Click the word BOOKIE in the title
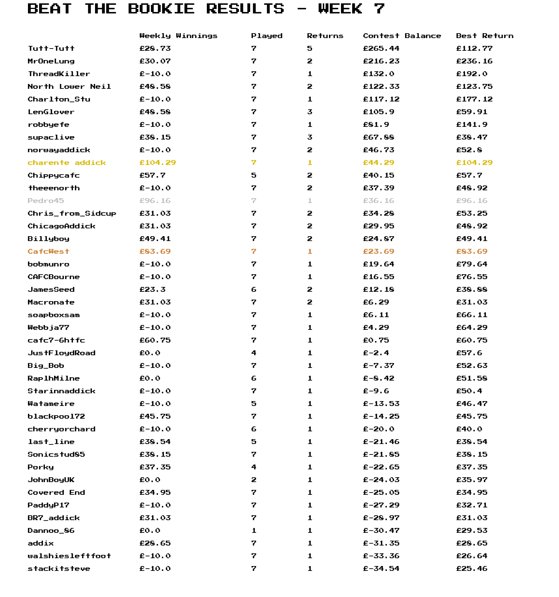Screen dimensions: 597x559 click(161, 9)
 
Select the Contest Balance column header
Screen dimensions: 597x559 click(402, 36)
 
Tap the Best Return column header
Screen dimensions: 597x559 click(484, 36)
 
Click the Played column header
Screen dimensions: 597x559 click(266, 36)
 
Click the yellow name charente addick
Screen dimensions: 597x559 click(67, 163)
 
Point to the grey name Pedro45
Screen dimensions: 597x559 click(46, 201)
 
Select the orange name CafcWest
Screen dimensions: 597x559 click(48, 251)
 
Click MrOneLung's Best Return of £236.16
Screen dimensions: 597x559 click(474, 61)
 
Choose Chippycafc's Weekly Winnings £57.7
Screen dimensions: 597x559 click(152, 175)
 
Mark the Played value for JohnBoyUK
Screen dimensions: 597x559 click(253, 480)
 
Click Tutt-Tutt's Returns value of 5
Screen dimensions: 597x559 click(310, 49)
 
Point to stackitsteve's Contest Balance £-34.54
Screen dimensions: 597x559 click(381, 569)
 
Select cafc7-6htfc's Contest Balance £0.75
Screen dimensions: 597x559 click(376, 340)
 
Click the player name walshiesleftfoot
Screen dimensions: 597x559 click(69, 556)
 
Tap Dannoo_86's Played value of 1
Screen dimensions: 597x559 click(253, 531)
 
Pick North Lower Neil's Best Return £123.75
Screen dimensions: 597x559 click(474, 87)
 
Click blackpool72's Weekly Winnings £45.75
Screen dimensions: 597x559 click(155, 416)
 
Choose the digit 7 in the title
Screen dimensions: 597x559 click(379, 9)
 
